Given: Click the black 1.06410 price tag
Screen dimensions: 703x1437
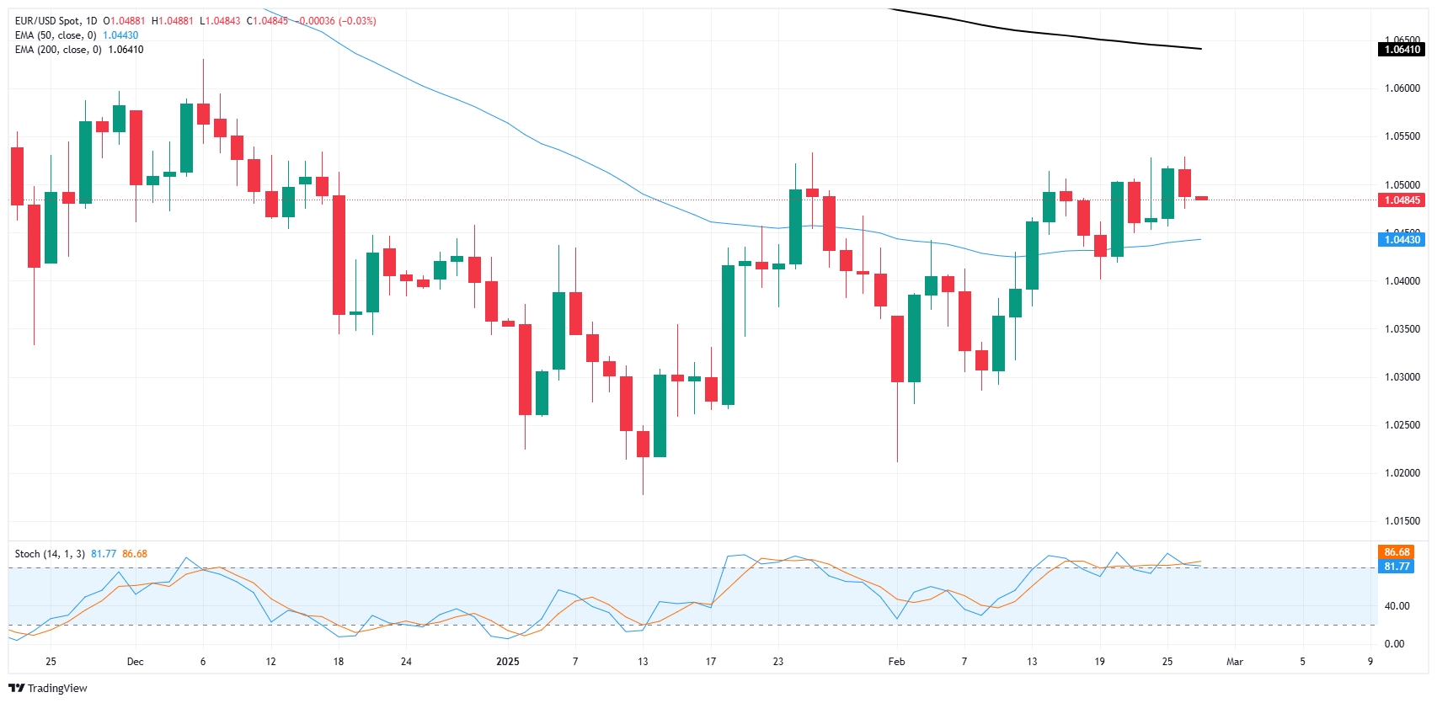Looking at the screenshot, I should [1402, 50].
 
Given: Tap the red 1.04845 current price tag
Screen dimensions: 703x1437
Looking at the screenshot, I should [1402, 200].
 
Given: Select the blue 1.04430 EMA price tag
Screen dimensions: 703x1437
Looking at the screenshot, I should [1402, 240].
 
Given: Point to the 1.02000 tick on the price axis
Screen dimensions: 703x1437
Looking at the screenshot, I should [1402, 473].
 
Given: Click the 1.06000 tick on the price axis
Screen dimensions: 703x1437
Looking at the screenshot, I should [1402, 88].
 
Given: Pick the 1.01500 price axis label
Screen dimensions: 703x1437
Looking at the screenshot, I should [1402, 521].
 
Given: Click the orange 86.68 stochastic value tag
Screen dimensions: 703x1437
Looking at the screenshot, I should [1397, 552].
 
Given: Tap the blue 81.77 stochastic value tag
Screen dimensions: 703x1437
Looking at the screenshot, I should [1397, 567].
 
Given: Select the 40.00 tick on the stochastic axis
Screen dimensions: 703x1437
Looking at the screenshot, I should [1397, 606].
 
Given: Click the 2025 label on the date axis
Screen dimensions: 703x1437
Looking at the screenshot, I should [508, 662].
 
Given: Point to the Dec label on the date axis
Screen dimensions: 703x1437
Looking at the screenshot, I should [135, 662].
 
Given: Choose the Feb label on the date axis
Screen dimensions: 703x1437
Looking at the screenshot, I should [896, 662].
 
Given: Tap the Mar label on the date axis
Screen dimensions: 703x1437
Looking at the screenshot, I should [1234, 662].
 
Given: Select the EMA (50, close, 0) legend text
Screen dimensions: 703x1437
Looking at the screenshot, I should [56, 35].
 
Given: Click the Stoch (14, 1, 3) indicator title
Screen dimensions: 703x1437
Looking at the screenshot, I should [50, 554].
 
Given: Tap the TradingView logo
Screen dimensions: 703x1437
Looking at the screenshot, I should [48, 688].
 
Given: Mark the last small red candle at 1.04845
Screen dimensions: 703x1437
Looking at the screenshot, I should [1201, 198].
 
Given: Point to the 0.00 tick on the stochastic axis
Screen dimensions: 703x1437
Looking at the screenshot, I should [1394, 644].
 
